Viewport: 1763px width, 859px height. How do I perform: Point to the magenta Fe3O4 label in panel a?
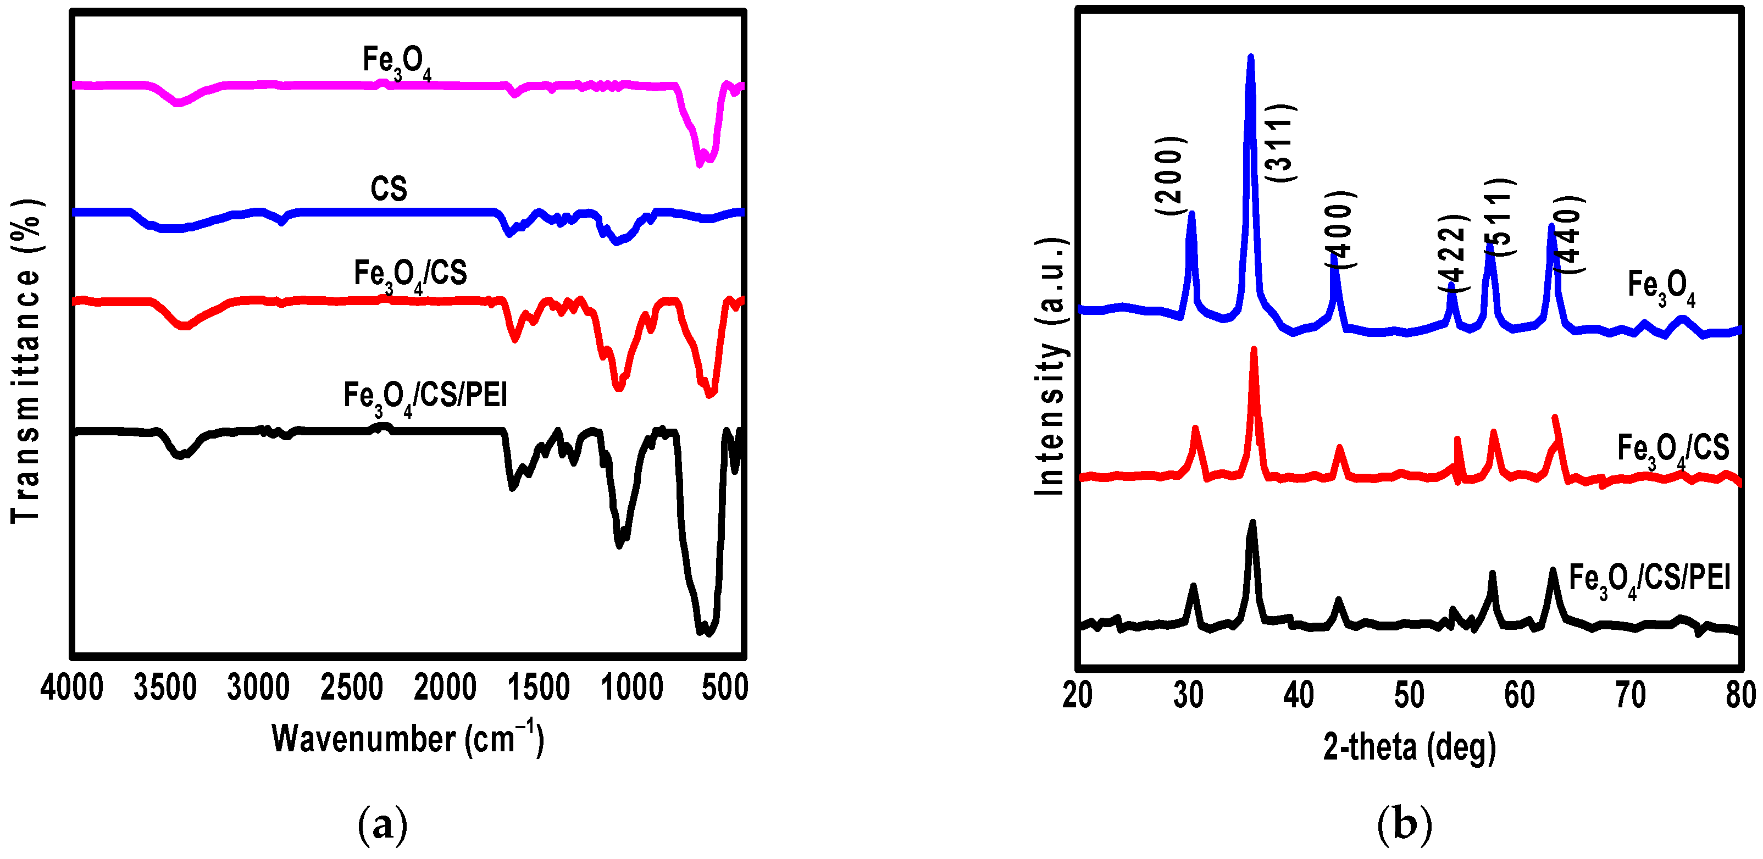click(x=397, y=63)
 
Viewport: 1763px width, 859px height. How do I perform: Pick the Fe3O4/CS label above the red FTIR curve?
click(x=410, y=275)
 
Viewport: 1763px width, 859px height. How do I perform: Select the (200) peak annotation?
click(x=1171, y=175)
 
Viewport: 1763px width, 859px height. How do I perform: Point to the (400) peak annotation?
click(x=1340, y=229)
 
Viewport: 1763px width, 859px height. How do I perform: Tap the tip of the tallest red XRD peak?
click(x=1254, y=350)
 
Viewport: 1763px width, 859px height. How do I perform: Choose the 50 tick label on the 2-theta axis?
click(x=1409, y=695)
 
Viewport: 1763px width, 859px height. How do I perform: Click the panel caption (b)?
click(x=1404, y=824)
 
